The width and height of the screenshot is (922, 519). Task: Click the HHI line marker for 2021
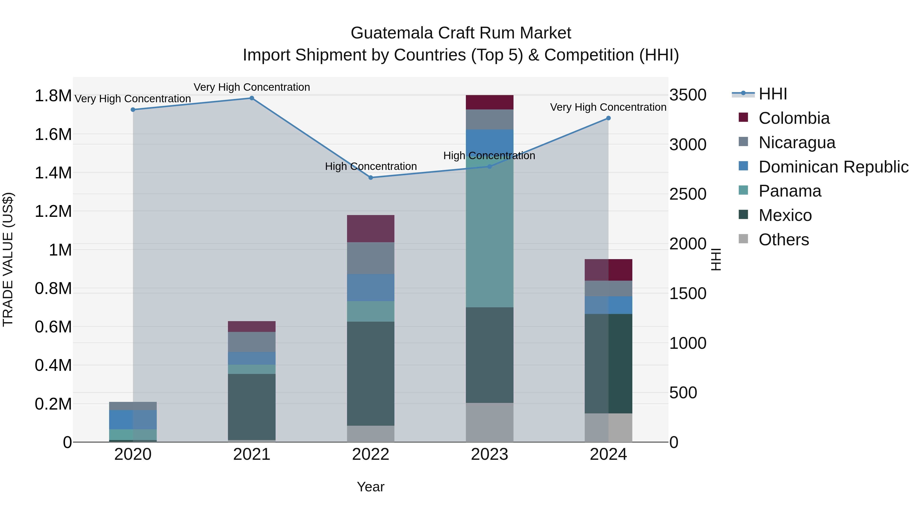(252, 98)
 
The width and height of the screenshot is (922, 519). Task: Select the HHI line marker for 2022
(371, 178)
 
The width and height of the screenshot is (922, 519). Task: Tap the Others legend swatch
(743, 239)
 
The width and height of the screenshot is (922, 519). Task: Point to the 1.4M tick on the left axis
(53, 173)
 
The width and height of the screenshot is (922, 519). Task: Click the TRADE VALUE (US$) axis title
(8, 259)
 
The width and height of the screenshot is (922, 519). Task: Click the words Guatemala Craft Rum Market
(461, 33)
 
